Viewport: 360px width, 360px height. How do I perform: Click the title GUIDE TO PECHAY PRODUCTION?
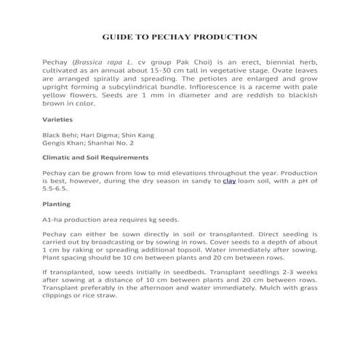pos(180,36)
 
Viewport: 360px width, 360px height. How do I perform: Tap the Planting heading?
pos(56,204)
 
